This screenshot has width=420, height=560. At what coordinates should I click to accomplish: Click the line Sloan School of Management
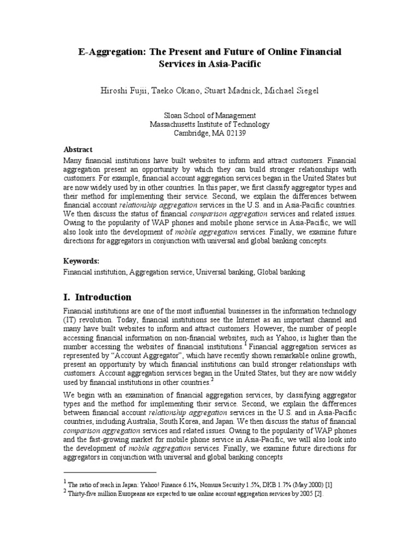[210, 115]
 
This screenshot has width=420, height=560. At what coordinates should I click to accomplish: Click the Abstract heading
[78, 149]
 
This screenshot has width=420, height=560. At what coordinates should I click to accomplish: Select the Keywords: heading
[81, 261]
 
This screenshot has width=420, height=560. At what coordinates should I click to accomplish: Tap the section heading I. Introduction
[98, 297]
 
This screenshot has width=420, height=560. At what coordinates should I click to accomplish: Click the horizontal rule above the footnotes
[110, 471]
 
